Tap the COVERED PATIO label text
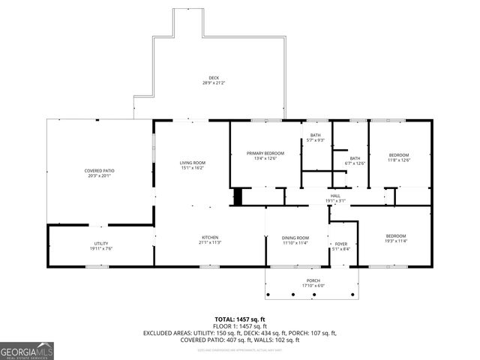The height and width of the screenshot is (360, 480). click(x=99, y=171)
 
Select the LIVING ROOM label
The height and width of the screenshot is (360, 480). click(x=192, y=163)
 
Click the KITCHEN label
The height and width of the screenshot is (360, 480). click(x=209, y=237)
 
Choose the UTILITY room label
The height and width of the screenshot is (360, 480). click(x=100, y=243)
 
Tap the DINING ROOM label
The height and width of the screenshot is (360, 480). click(x=295, y=238)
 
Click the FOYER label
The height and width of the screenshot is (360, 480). click(x=341, y=244)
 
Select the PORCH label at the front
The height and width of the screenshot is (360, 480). click(x=312, y=280)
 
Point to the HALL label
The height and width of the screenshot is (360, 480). click(x=335, y=196)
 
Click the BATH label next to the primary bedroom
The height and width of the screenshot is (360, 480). click(x=316, y=135)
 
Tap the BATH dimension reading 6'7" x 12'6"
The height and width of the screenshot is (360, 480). click(x=355, y=163)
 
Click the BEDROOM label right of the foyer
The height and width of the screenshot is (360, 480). click(x=395, y=235)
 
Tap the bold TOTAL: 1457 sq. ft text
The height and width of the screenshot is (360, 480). click(x=240, y=319)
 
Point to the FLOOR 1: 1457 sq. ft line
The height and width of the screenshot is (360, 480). click(x=240, y=326)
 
